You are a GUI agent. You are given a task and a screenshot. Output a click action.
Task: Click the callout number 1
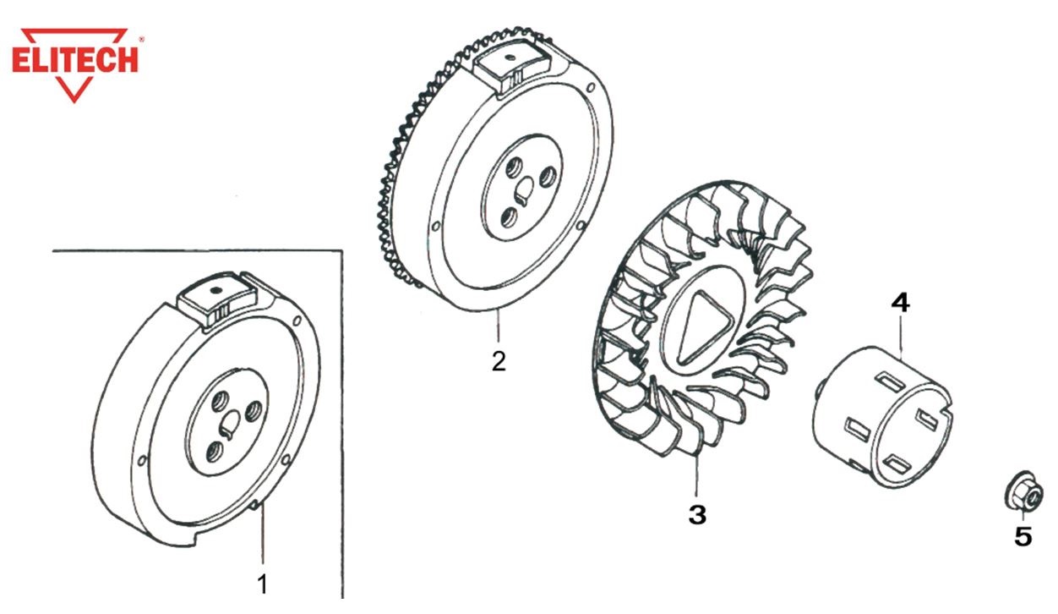(263, 583)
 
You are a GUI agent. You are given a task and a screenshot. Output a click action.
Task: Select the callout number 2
(499, 362)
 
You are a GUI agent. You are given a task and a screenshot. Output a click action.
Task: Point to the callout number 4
(901, 302)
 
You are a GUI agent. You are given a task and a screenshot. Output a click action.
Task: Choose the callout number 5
(1023, 535)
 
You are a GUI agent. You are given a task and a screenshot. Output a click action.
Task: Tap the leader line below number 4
(902, 338)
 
